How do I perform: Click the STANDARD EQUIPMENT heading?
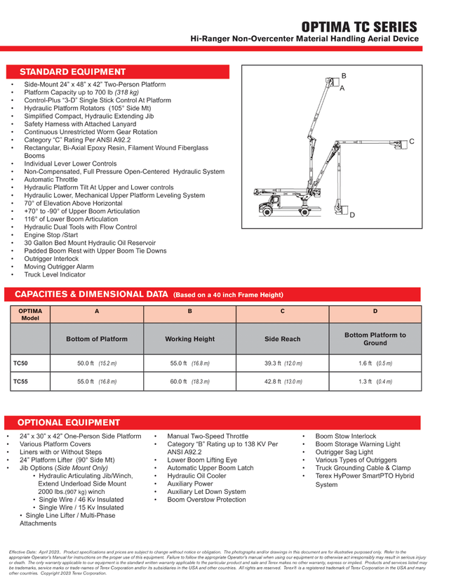[73, 72]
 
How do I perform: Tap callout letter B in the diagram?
[344, 75]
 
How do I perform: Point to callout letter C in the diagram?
[412, 142]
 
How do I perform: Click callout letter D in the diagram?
[351, 214]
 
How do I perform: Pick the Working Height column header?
[189, 339]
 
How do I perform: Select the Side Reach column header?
[282, 339]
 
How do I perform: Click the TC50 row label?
[21, 363]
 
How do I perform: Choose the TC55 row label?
[21, 382]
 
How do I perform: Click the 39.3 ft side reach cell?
[282, 363]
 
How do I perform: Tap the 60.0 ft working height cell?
[189, 382]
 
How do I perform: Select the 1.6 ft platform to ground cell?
[375, 363]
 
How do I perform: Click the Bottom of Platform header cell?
[97, 339]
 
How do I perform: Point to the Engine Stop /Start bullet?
[55, 235]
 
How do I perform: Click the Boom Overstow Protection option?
[206, 500]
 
